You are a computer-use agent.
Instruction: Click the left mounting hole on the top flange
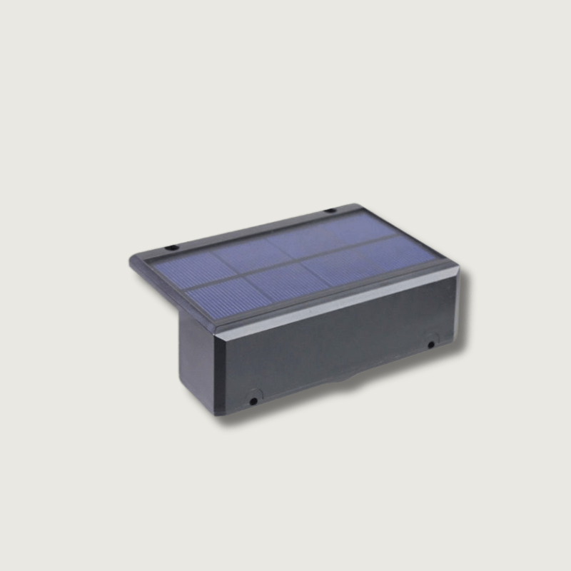(x=171, y=248)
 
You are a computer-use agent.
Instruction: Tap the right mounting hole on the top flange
(x=330, y=211)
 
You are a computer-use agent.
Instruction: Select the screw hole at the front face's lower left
(x=253, y=400)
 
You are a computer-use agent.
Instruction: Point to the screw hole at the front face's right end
(x=431, y=345)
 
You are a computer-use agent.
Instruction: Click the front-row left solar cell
(x=218, y=294)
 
